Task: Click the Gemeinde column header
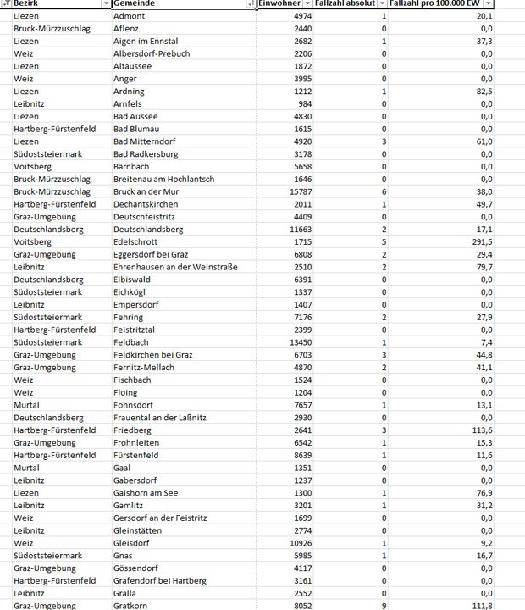[x=135, y=4]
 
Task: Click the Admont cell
[x=128, y=17]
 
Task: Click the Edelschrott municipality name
[x=136, y=241]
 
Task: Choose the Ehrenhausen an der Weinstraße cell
[x=175, y=267]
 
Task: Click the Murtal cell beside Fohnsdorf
[x=26, y=405]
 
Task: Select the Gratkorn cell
[x=131, y=606]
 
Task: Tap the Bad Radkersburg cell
[x=144, y=154]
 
